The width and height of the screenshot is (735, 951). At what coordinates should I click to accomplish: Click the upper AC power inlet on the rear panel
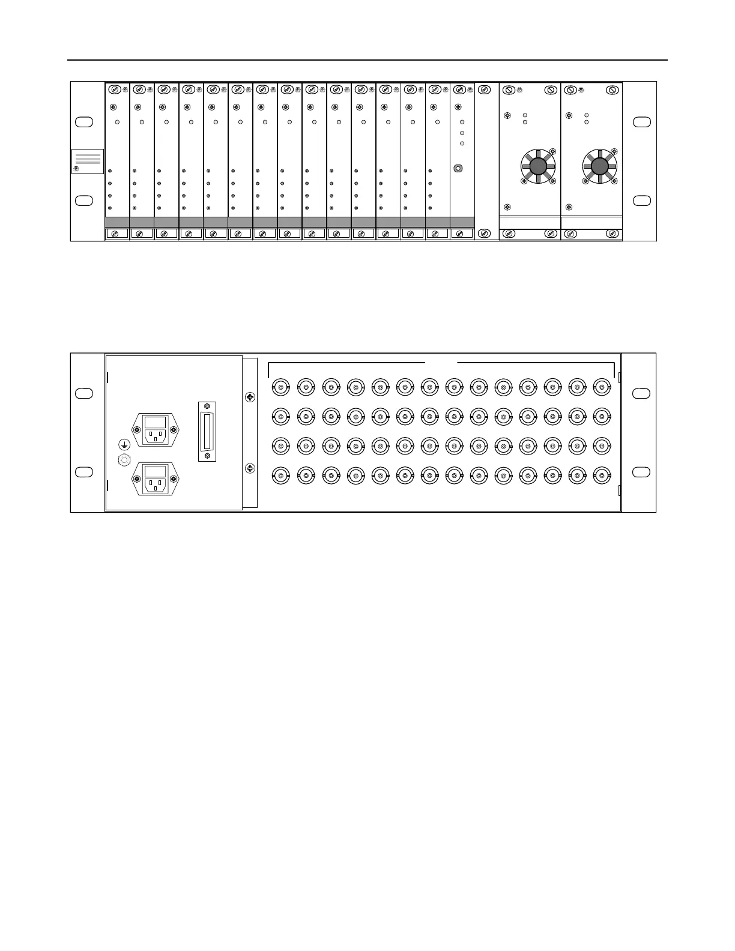pyautogui.click(x=156, y=429)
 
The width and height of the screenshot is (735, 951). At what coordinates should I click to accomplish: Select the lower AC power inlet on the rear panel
pyautogui.click(x=156, y=479)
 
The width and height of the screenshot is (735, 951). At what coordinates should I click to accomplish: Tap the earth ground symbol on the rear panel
pyautogui.click(x=124, y=444)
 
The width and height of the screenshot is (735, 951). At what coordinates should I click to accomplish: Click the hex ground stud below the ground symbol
pyautogui.click(x=124, y=460)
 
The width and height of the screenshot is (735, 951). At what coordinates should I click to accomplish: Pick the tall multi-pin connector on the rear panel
pyautogui.click(x=207, y=431)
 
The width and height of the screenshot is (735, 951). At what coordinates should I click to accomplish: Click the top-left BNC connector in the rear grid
pyautogui.click(x=281, y=387)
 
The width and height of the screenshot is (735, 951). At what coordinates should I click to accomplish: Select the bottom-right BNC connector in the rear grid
pyautogui.click(x=602, y=476)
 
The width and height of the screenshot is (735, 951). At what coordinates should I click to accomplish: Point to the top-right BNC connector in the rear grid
pyautogui.click(x=602, y=387)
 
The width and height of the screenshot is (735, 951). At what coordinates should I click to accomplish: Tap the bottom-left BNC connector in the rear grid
pyautogui.click(x=281, y=476)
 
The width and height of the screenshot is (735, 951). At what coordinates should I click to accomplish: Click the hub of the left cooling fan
pyautogui.click(x=538, y=166)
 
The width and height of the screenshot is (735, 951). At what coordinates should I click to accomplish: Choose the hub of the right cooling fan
pyautogui.click(x=599, y=166)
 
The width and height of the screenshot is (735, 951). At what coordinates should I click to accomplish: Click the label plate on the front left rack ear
pyautogui.click(x=88, y=161)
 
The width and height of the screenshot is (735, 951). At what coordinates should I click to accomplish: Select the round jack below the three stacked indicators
pyautogui.click(x=458, y=169)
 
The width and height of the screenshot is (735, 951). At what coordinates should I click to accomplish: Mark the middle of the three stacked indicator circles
pyautogui.click(x=462, y=133)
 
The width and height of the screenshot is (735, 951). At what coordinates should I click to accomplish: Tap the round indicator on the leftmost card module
pyautogui.click(x=117, y=122)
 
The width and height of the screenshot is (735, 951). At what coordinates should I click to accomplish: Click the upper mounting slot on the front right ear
pyautogui.click(x=642, y=122)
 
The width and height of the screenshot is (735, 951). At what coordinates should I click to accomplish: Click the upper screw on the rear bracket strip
pyautogui.click(x=250, y=397)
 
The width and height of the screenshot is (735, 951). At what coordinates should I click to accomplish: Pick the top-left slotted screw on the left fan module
pyautogui.click(x=508, y=90)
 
